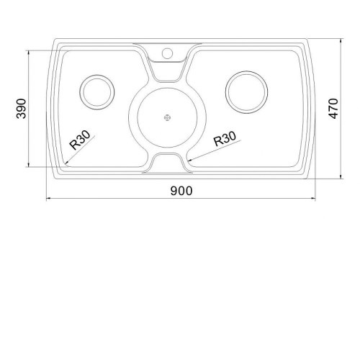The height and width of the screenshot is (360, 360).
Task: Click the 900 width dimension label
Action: (181, 191)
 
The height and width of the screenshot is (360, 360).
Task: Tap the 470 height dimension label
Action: (333, 109)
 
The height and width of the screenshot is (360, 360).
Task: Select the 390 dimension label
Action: (21, 109)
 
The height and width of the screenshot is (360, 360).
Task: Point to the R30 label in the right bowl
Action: (225, 138)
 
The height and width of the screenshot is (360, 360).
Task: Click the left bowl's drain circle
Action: (97, 92)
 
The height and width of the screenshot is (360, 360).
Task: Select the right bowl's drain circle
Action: (246, 92)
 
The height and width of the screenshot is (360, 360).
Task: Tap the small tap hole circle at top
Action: (167, 53)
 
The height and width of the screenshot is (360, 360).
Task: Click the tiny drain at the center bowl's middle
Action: (167, 117)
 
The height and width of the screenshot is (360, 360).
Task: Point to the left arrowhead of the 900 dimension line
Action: (48, 199)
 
